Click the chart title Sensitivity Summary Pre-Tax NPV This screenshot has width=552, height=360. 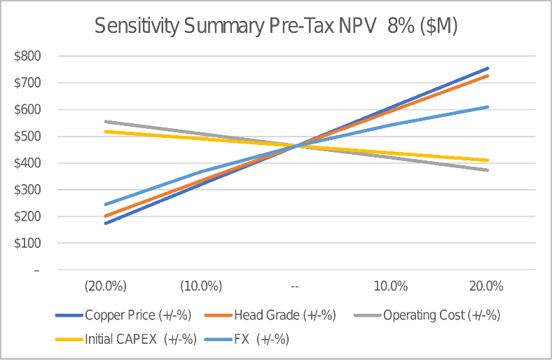point(276,26)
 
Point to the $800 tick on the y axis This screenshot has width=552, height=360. point(27,56)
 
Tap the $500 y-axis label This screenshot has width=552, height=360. point(27,137)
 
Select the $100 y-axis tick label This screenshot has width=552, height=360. point(27,244)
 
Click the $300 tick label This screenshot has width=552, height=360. point(27,190)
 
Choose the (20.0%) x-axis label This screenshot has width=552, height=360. point(105,286)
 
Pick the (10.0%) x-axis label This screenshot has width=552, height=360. point(201,286)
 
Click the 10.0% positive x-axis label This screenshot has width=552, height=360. point(391,286)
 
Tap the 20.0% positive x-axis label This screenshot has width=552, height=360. point(486,286)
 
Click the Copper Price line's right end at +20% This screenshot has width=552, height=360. point(488,69)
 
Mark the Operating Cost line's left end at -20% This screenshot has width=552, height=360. point(105,122)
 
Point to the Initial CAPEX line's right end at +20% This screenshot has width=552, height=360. point(488,160)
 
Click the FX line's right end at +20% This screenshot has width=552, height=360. point(488,107)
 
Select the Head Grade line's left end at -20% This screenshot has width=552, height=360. point(105,216)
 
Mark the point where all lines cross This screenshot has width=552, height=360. point(296,146)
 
